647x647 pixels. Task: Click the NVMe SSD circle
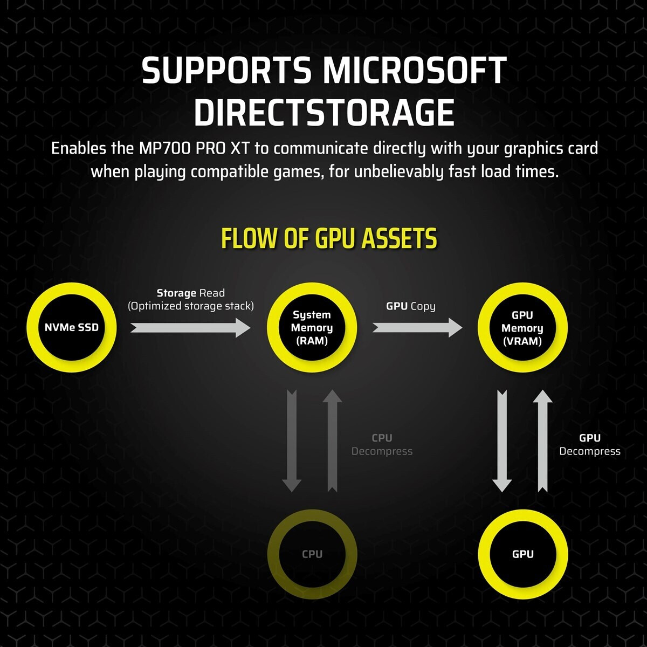point(72,327)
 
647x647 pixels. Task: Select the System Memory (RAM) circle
point(312,327)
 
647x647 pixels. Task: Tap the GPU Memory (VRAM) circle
point(522,327)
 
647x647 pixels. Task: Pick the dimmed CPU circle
point(312,554)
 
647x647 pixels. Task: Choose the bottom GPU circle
point(523,554)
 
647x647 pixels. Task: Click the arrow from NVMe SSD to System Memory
point(190,328)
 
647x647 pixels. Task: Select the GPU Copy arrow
point(417,328)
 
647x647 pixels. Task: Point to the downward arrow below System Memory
point(292,441)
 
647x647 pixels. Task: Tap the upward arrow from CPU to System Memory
point(333,441)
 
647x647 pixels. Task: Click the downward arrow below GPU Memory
point(502,441)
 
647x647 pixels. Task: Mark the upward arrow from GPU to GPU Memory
point(543,441)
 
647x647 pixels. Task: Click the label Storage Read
point(191,293)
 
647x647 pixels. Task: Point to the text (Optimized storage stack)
point(191,306)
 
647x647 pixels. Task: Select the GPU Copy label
point(411,306)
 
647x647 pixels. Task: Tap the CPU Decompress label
point(382,444)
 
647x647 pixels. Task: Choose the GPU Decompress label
point(590,444)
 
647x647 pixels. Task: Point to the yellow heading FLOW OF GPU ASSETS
point(329,238)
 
